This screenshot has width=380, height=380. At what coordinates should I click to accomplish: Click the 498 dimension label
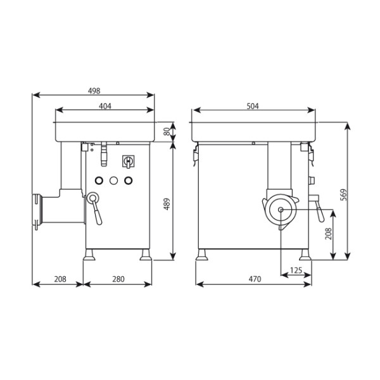click(x=94, y=91)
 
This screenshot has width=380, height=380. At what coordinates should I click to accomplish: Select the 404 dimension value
click(x=105, y=106)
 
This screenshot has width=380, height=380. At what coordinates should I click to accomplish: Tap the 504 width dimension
click(x=253, y=106)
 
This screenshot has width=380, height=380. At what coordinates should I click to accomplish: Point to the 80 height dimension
click(x=167, y=132)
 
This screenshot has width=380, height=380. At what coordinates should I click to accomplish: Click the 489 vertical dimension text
click(x=167, y=204)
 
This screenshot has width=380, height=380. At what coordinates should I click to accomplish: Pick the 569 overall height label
click(x=344, y=195)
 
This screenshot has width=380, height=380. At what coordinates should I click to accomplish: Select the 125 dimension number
click(x=296, y=270)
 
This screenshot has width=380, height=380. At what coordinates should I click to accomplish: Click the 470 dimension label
click(x=255, y=279)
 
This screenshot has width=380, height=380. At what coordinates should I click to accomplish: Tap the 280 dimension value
click(x=118, y=279)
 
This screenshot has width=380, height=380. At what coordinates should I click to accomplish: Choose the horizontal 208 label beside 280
click(x=60, y=279)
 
